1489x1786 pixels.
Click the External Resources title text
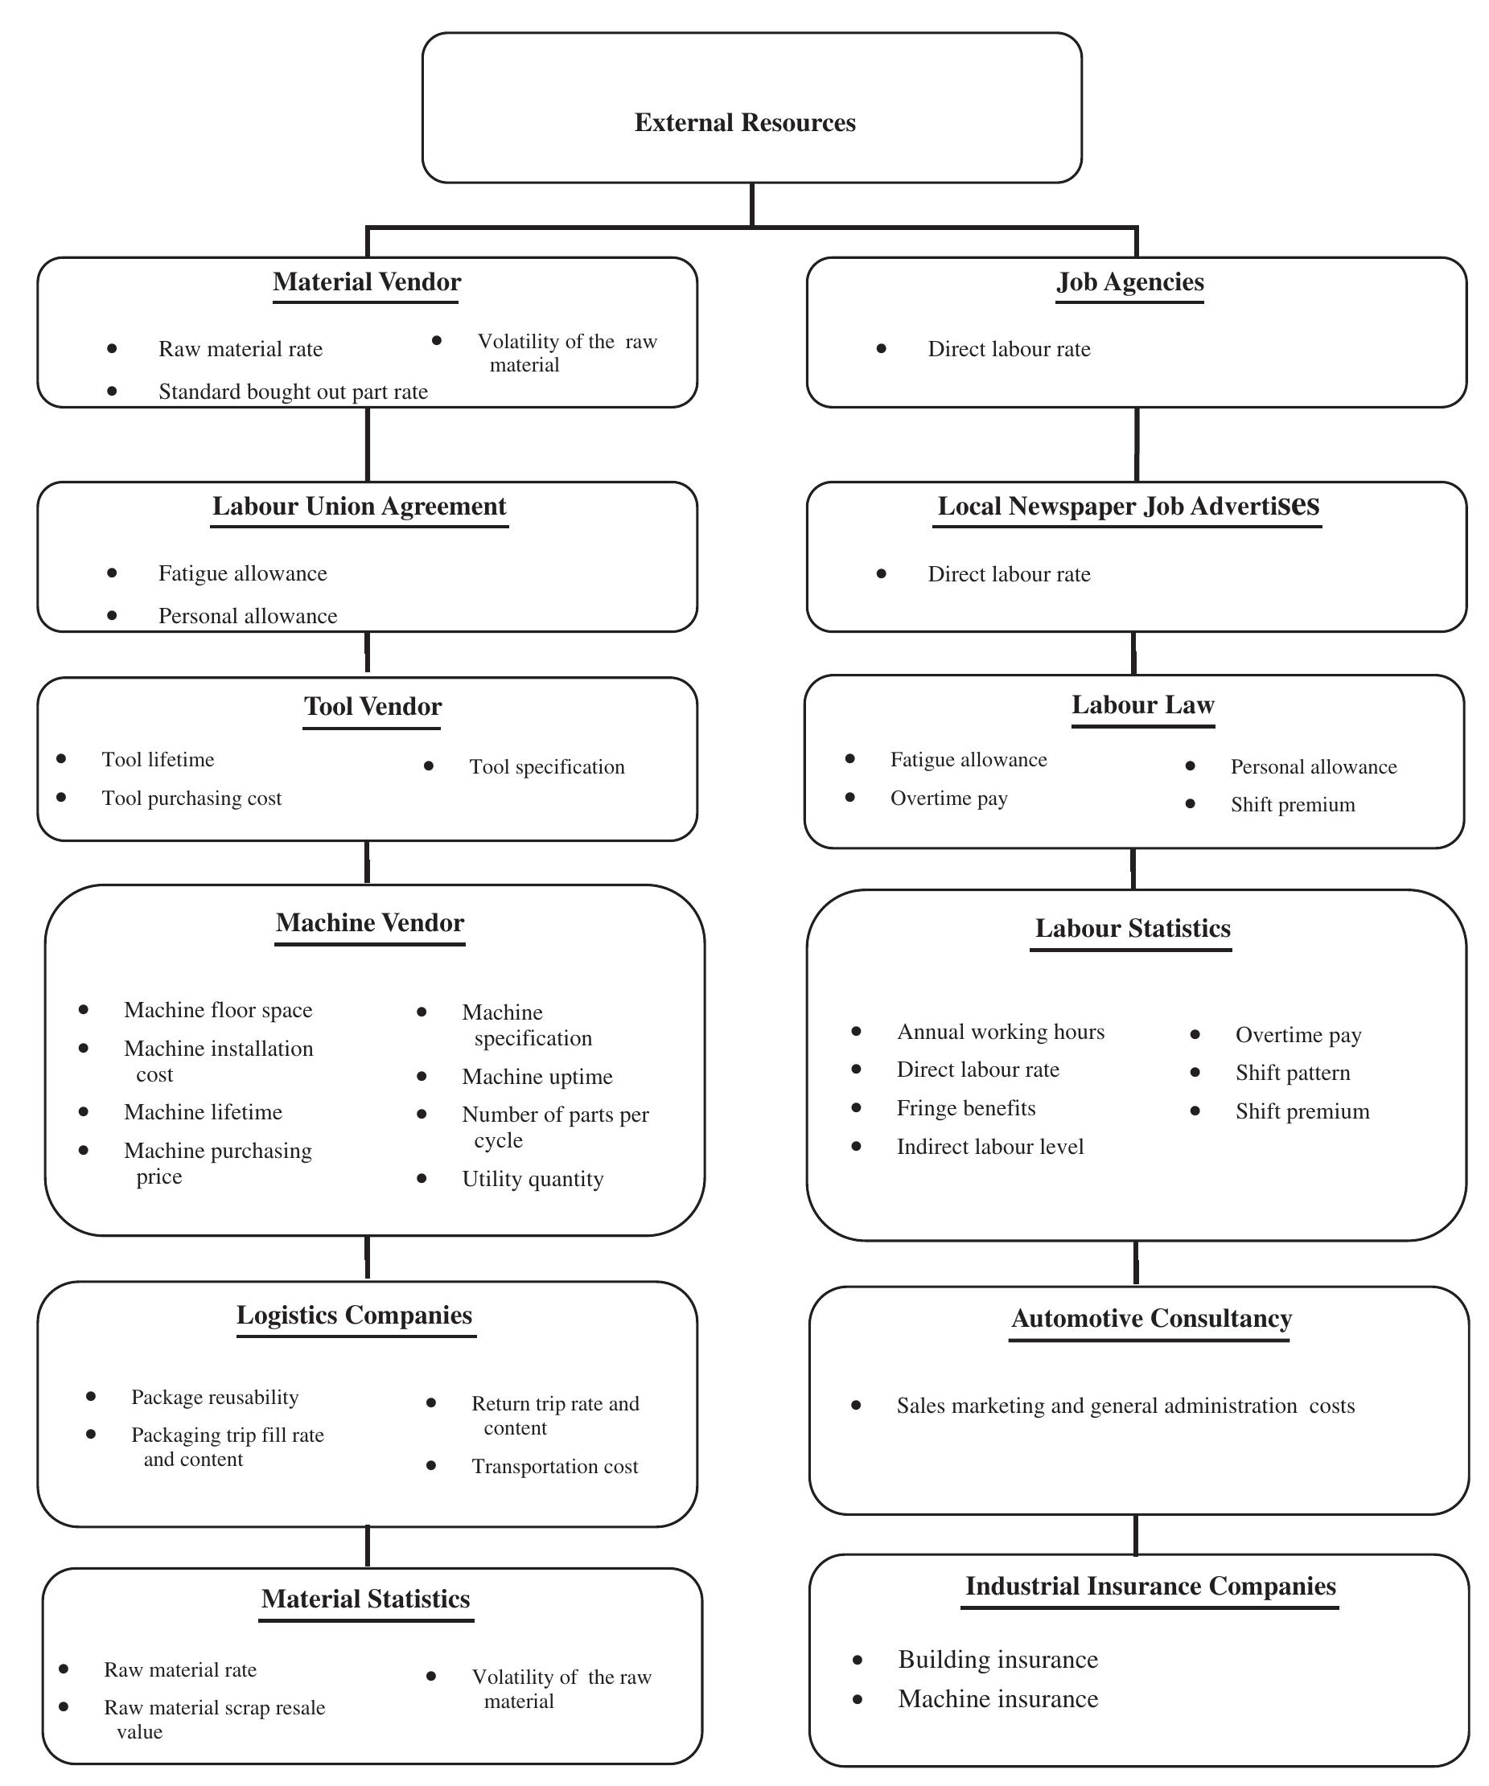[x=745, y=122]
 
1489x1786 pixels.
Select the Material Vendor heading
[x=367, y=281]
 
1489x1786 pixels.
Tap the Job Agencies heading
[x=1129, y=281]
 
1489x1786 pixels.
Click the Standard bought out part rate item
[x=293, y=392]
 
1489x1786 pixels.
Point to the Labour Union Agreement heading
[x=359, y=506]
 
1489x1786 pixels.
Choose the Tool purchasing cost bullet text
[x=191, y=798]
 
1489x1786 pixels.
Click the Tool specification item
[x=546, y=766]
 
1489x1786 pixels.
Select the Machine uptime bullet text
[x=537, y=1077]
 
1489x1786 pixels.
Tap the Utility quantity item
[x=533, y=1179]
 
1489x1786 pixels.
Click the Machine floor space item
[x=218, y=1009]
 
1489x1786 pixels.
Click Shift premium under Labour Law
[x=1292, y=805]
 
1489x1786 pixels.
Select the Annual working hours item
[x=1000, y=1032]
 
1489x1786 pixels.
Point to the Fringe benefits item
[x=966, y=1108]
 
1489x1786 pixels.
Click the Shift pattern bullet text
[x=1292, y=1073]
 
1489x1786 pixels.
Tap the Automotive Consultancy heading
[x=1150, y=1318]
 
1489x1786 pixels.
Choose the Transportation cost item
[x=554, y=1466]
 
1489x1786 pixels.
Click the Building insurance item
[x=997, y=1659]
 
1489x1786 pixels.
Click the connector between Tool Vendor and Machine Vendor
[x=367, y=862]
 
